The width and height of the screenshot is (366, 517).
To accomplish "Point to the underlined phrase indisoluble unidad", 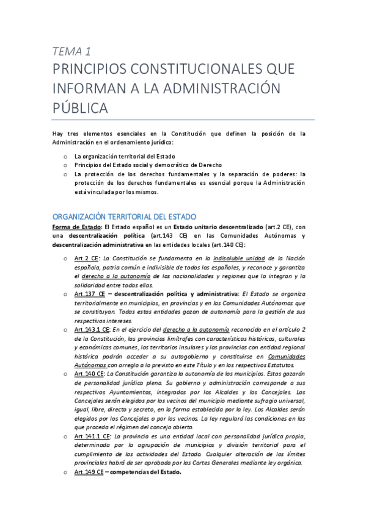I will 238,258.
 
